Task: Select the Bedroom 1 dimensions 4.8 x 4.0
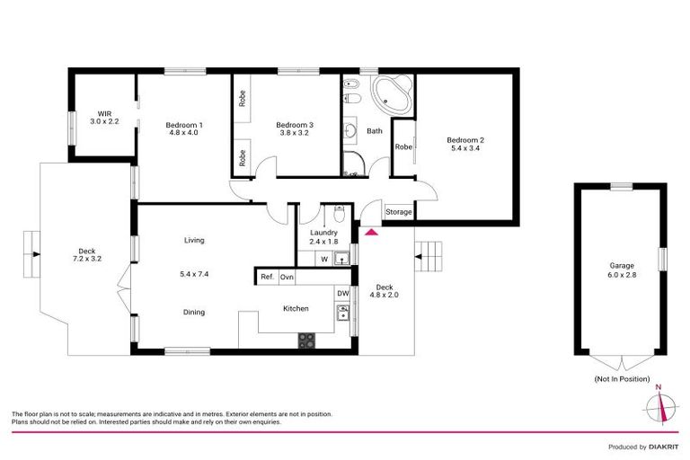(183, 133)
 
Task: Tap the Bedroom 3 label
(294, 125)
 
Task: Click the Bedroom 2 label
(465, 140)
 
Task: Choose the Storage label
(398, 212)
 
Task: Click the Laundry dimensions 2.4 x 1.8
(323, 242)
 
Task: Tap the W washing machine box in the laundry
(324, 260)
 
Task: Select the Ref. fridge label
(267, 278)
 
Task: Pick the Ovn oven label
(287, 278)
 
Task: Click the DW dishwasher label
(342, 293)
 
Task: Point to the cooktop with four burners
(306, 341)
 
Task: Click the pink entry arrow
(371, 233)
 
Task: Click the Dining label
(194, 313)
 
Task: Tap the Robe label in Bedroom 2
(403, 146)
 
